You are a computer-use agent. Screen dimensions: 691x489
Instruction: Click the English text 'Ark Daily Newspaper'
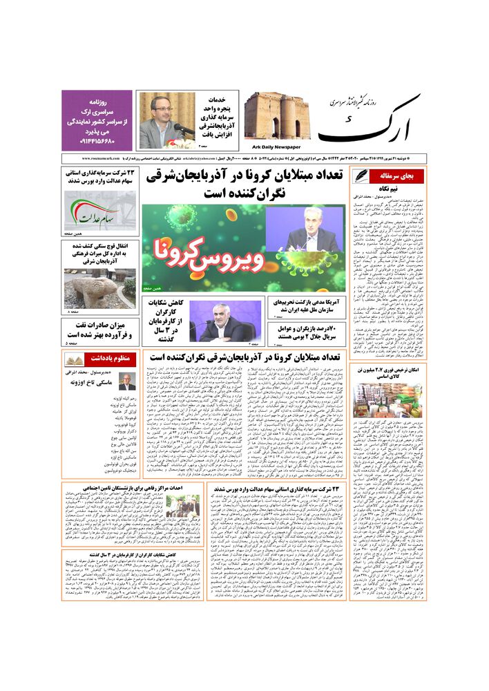272,146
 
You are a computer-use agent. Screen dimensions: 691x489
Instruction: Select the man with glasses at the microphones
157,120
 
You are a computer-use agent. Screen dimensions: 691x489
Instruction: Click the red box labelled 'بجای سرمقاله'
392,176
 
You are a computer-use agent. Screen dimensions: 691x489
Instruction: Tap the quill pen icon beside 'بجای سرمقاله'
361,176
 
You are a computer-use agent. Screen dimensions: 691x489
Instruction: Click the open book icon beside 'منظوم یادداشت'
75,360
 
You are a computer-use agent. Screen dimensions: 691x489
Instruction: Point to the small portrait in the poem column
127,382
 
